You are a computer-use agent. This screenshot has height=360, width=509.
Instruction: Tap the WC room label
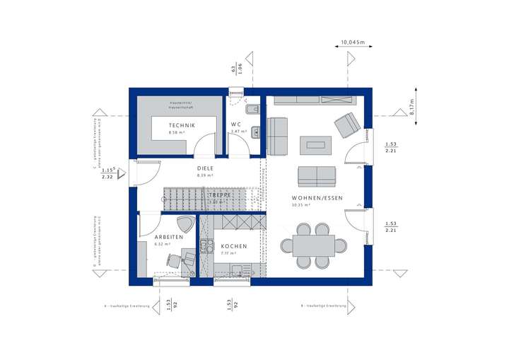pyautogui.click(x=235, y=124)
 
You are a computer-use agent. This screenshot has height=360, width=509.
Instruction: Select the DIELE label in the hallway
pyautogui.click(x=205, y=168)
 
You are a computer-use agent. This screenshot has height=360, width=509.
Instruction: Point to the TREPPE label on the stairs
pyautogui.click(x=218, y=194)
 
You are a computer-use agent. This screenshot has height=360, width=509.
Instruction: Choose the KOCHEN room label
pyautogui.click(x=234, y=245)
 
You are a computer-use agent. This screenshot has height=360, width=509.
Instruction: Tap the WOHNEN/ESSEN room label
pyautogui.click(x=317, y=198)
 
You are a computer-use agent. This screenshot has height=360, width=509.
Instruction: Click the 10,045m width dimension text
pyautogui.click(x=351, y=42)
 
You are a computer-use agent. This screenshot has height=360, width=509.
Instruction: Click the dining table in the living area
pyautogui.click(x=314, y=245)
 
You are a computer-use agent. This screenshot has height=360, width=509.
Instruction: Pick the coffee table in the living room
pyautogui.click(x=314, y=145)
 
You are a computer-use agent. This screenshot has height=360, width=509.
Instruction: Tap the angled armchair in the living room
pyautogui.click(x=346, y=124)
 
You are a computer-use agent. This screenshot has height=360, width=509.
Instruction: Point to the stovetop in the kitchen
pyautogui.click(x=206, y=246)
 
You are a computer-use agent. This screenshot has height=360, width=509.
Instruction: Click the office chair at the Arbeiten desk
pyautogui.click(x=175, y=260)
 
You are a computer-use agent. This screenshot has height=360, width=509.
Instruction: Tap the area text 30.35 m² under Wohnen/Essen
pyautogui.click(x=302, y=206)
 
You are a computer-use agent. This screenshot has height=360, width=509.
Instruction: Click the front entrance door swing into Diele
pyautogui.click(x=145, y=171)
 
